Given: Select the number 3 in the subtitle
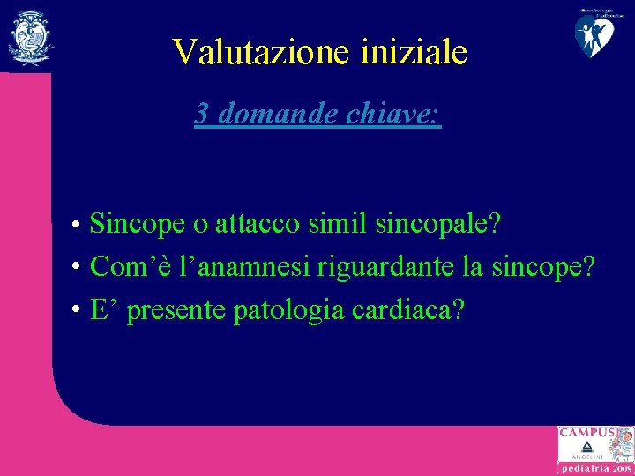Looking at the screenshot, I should [203, 113].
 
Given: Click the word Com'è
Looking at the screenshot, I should [122, 265].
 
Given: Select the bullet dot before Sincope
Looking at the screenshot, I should [78, 226].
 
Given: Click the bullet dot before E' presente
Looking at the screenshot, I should [78, 311].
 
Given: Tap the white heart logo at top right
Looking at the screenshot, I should [595, 33].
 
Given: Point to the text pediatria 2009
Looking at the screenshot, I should [596, 470].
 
